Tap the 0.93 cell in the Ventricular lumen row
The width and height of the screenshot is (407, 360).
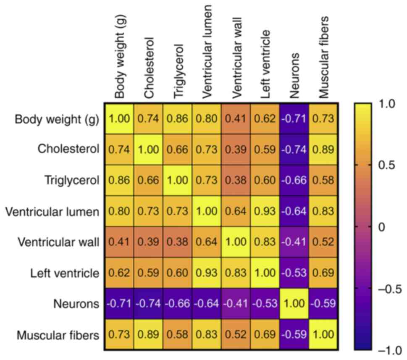point(265,211)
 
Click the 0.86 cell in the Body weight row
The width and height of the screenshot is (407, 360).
point(177,119)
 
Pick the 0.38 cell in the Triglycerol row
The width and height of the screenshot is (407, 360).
point(236,181)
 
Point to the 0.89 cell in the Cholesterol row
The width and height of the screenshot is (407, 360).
point(323,150)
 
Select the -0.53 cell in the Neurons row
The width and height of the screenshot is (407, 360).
point(265,304)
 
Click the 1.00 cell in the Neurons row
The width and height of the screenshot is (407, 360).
point(294,304)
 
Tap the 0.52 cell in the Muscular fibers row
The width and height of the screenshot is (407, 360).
point(236,335)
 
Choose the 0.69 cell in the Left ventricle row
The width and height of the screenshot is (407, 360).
point(323,273)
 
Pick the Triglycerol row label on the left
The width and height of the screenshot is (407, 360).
point(72,181)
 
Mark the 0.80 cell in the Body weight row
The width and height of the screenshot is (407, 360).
point(207,119)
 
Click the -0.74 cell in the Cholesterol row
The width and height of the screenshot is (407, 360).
point(294,150)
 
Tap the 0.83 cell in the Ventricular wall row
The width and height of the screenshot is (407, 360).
point(265,242)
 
